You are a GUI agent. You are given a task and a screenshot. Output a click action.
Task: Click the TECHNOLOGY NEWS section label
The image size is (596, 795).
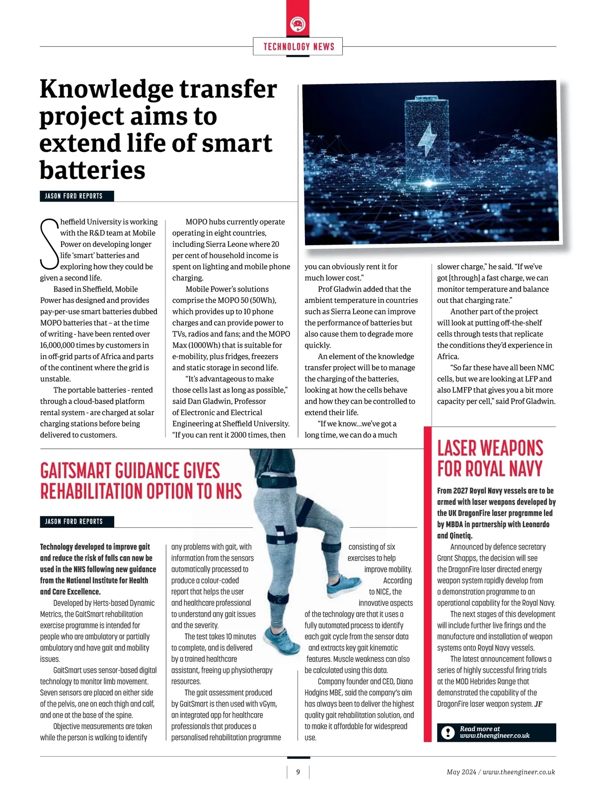[298, 47]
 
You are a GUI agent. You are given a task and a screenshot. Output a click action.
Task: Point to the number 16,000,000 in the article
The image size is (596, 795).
[60, 345]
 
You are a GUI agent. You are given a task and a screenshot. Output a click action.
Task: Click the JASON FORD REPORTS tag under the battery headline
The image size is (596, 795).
[74, 196]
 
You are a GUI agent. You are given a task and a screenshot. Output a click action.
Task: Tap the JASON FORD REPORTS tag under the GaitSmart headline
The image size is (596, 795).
[74, 521]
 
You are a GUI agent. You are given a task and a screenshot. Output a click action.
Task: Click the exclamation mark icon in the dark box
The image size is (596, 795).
[447, 732]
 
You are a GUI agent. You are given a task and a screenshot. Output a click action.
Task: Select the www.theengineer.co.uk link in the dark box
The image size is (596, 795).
[495, 736]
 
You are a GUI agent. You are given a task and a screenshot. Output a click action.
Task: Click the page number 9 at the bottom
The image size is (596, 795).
[298, 772]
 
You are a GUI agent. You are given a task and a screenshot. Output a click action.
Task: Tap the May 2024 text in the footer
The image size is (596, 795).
[461, 772]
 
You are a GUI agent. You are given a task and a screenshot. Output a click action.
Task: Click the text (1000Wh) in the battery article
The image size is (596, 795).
[207, 345]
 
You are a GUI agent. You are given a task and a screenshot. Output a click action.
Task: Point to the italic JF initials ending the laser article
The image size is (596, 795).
[538, 704]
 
